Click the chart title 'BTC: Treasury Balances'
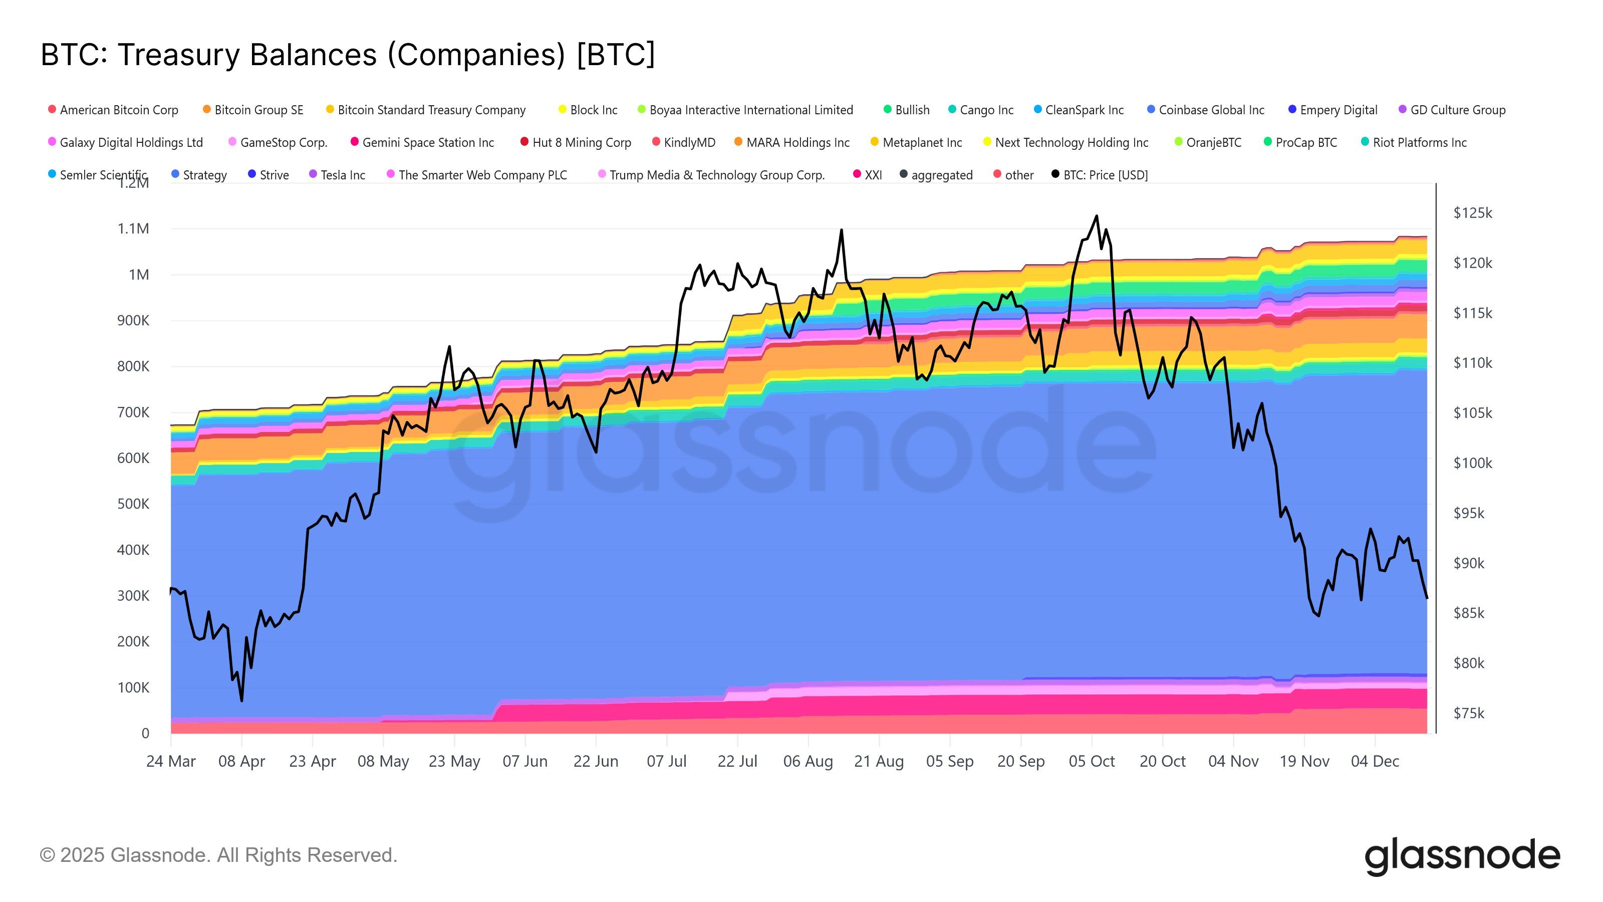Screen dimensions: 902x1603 [347, 55]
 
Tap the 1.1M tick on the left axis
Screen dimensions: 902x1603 [133, 229]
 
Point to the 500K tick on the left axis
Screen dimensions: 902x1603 [133, 504]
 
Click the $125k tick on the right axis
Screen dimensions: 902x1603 [1472, 213]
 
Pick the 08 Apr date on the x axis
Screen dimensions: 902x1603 [241, 761]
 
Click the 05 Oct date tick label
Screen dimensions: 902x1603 [1092, 761]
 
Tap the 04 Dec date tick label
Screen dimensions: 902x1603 [1375, 761]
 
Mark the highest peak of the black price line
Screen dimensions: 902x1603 [1097, 216]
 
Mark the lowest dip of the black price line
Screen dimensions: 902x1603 [241, 701]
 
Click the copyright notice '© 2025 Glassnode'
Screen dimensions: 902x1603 [218, 855]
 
